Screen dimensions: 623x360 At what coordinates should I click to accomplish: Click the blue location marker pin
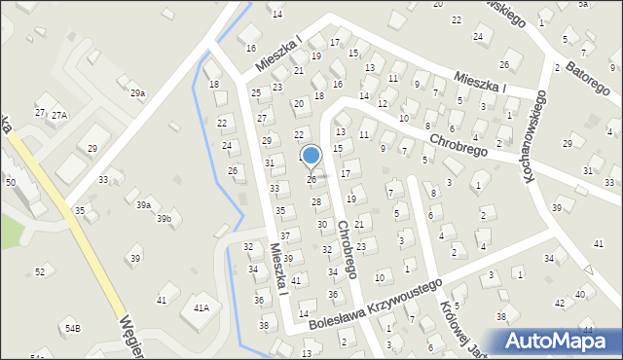311,157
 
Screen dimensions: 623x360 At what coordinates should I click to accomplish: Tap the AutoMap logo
559,341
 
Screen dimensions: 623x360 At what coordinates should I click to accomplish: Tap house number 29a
138,93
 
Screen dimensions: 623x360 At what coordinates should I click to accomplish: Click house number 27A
59,115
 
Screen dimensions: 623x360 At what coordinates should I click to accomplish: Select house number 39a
143,205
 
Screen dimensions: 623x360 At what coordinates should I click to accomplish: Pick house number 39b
165,219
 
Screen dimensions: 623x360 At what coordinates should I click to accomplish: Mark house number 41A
202,307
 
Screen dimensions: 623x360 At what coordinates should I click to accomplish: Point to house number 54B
73,329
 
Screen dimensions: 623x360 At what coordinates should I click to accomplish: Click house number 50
11,183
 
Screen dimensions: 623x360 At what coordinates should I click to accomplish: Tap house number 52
40,271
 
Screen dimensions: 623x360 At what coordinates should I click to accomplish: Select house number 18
214,85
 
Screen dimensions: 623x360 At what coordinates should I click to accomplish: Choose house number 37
285,236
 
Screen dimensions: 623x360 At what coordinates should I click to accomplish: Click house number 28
315,201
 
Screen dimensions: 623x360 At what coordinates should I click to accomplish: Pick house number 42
560,304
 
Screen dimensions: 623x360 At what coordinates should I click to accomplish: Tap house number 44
586,331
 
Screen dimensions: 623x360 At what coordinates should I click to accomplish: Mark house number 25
256,93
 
